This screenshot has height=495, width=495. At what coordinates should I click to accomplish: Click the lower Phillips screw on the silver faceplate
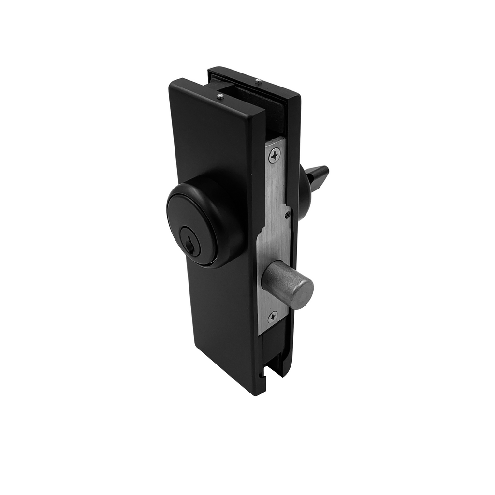click(274, 317)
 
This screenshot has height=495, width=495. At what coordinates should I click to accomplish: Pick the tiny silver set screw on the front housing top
click(220, 97)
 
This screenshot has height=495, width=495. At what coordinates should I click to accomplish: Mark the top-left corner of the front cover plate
click(172, 83)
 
